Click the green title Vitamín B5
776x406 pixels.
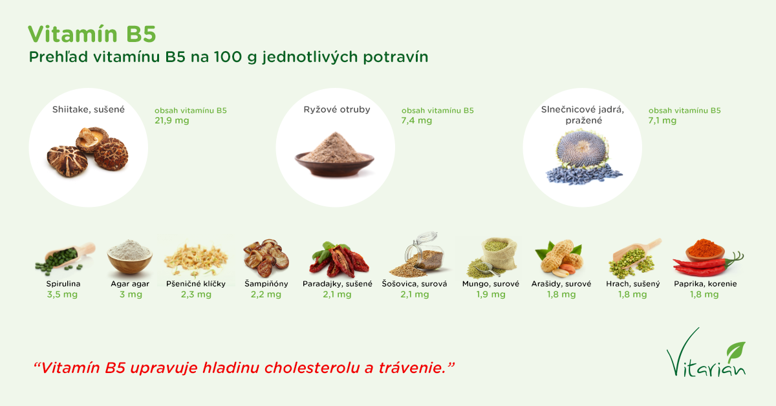(x=92, y=34)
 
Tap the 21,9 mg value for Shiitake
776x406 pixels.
(x=172, y=120)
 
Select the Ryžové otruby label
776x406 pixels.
(x=337, y=109)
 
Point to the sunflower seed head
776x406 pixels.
(x=582, y=148)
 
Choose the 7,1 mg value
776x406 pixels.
(x=662, y=120)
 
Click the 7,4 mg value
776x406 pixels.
(x=416, y=120)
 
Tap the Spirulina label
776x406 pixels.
(x=63, y=284)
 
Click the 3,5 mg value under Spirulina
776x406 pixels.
(x=62, y=294)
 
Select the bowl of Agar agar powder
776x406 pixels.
(x=129, y=257)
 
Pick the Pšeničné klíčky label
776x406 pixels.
(x=196, y=284)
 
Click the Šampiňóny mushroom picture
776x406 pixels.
(x=266, y=258)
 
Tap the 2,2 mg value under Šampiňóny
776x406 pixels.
(x=266, y=294)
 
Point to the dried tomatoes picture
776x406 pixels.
(x=338, y=259)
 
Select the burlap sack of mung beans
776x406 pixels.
(x=498, y=253)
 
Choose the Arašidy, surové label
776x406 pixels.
(x=561, y=284)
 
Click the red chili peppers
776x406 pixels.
(x=707, y=266)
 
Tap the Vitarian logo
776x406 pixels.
(x=706, y=352)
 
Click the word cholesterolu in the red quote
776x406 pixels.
(x=312, y=368)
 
